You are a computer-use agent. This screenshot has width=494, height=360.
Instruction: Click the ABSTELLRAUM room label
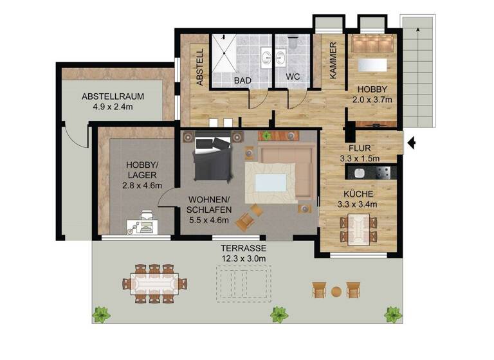point(112,97)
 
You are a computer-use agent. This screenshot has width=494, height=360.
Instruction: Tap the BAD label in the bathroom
point(242,80)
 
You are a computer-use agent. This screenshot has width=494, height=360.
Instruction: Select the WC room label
point(293,76)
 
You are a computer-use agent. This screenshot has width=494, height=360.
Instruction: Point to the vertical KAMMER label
point(333,60)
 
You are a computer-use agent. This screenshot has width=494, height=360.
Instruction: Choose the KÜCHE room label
point(358,194)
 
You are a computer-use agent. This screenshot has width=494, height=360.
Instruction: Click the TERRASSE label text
point(243,248)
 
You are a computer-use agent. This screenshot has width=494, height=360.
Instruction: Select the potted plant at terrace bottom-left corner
point(101,314)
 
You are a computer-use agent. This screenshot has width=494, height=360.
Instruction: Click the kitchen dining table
point(357,229)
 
